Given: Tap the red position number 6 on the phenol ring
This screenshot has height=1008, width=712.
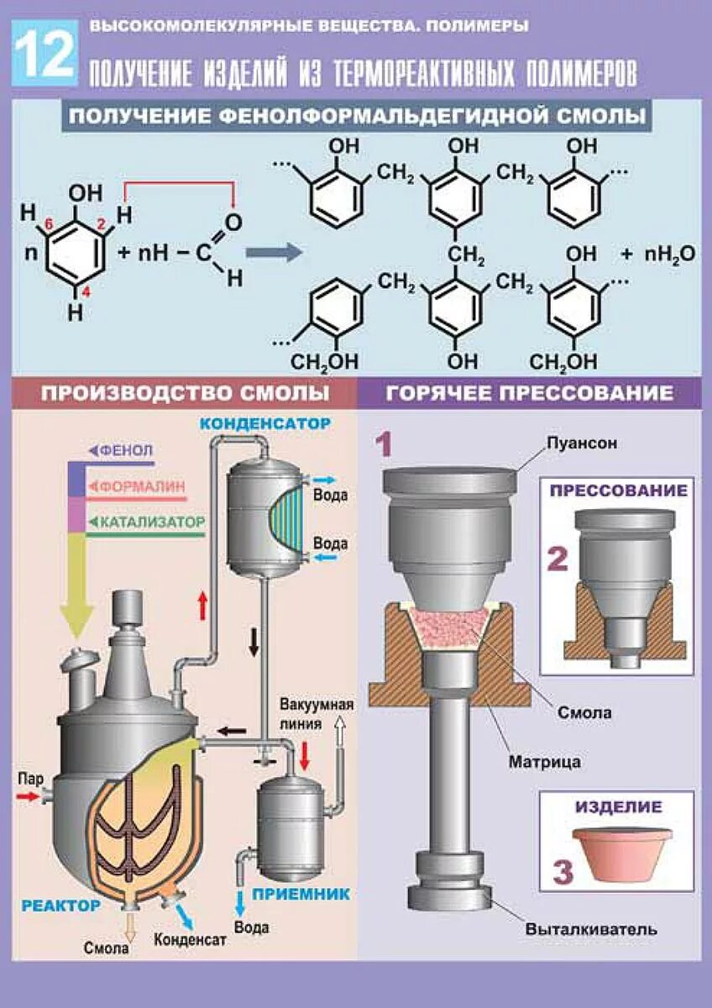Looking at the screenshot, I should (x=49, y=223).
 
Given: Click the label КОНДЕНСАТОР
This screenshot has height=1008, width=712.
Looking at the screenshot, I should (x=264, y=423).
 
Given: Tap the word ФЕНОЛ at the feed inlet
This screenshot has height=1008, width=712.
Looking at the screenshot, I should (x=126, y=450).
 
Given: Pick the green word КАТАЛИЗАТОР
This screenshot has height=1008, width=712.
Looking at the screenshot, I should (x=152, y=522).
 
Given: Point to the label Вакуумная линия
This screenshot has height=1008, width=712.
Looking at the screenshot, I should (x=317, y=713).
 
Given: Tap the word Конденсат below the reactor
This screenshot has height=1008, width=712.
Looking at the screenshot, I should (x=190, y=939).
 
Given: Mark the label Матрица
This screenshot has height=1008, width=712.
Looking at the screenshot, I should (x=544, y=763).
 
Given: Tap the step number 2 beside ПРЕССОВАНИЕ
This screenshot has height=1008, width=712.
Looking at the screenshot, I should (x=558, y=558).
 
